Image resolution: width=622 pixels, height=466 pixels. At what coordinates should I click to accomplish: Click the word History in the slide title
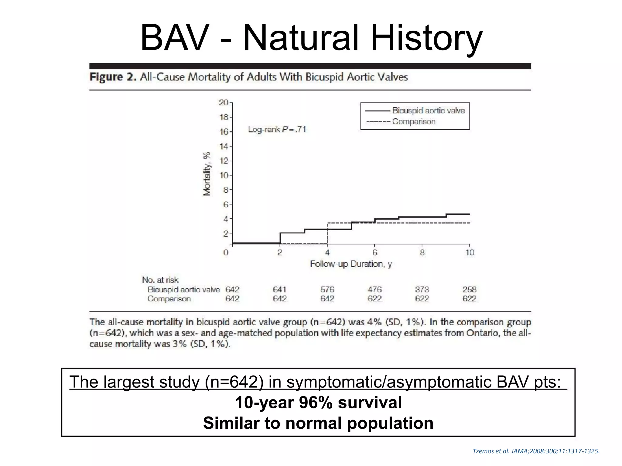[x=426, y=38]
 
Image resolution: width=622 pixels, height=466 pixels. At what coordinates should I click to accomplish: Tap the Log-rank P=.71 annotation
[x=277, y=130]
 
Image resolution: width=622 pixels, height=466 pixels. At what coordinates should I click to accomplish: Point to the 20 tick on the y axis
[x=224, y=103]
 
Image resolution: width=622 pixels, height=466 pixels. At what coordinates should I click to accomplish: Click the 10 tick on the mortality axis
[x=224, y=175]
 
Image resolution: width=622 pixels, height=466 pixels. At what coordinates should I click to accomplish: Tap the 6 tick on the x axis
[x=375, y=252]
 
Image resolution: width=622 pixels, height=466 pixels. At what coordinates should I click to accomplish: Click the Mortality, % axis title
[x=207, y=174]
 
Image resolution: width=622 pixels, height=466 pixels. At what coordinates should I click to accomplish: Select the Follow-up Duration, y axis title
[x=351, y=264]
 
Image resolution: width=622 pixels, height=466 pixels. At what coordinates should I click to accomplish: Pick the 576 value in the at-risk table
[x=327, y=289]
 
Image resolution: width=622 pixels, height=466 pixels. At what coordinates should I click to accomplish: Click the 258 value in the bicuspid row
[x=469, y=289]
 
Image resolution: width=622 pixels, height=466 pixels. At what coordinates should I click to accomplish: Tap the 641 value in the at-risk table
[x=279, y=289]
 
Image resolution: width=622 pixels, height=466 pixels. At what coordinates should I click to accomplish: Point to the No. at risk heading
[x=160, y=280]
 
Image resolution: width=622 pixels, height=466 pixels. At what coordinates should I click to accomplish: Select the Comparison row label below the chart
[x=169, y=299]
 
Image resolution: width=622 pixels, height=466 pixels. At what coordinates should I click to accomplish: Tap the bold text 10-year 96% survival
[x=318, y=403]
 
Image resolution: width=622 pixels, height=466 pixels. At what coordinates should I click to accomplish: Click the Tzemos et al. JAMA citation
[x=536, y=451]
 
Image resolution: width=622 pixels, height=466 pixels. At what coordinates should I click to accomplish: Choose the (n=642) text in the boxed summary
[x=234, y=382]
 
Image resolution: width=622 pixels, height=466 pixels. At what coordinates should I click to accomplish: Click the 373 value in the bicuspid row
[x=422, y=289]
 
